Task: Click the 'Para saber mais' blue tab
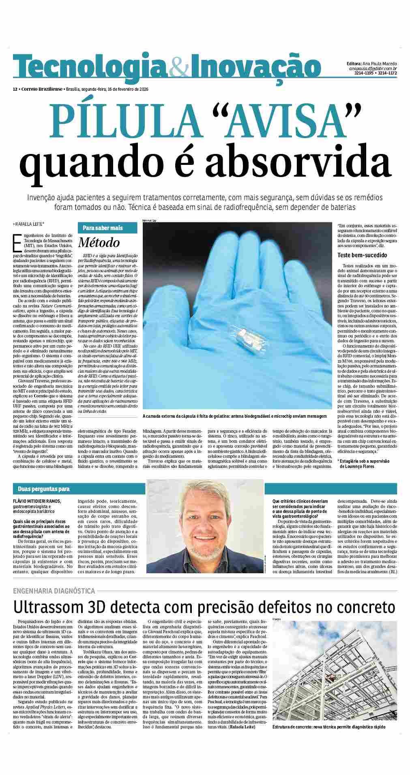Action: (103, 228)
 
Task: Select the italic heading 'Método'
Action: (99, 243)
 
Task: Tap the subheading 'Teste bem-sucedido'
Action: (362, 255)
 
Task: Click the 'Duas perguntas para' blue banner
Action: (41, 489)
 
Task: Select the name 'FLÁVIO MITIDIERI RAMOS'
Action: (37, 501)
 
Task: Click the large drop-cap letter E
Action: (17, 243)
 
